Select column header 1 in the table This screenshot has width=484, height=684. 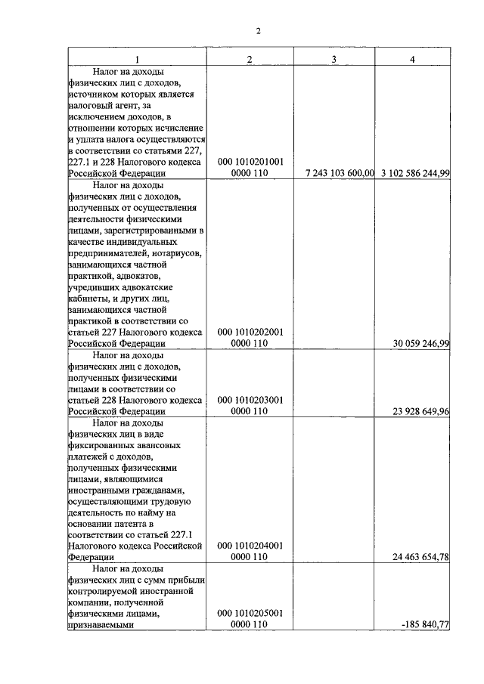(137, 59)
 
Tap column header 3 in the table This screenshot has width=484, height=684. (334, 59)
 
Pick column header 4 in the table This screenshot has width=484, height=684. (412, 59)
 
